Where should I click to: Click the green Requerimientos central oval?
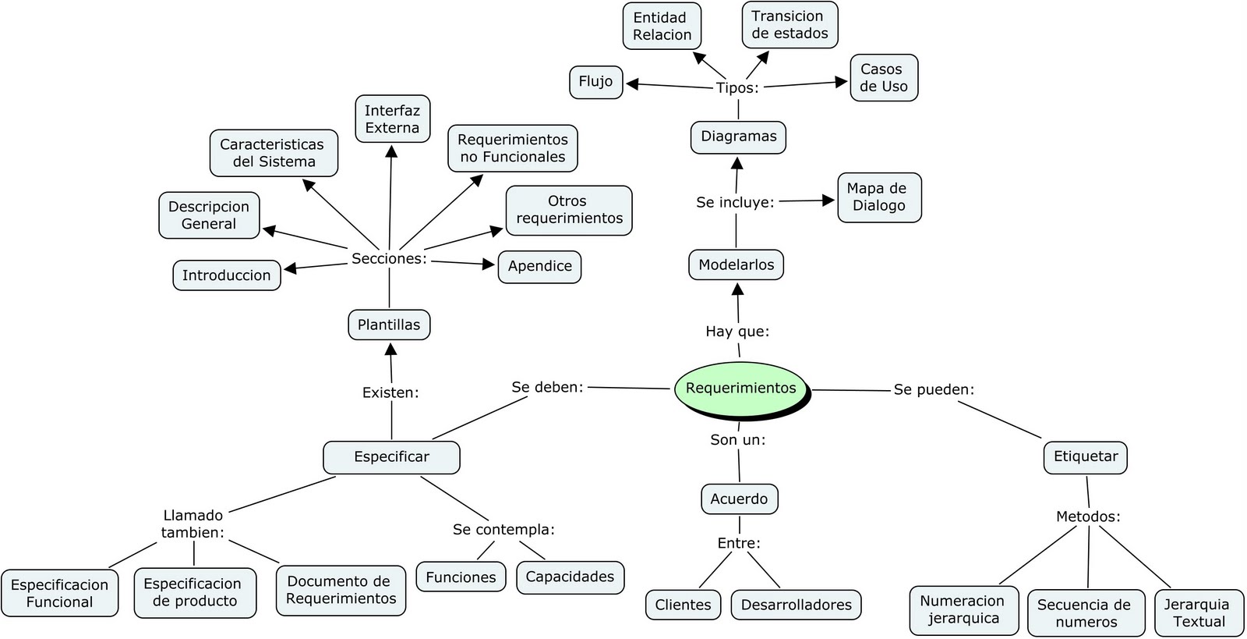coord(740,388)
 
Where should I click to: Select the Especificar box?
coord(391,457)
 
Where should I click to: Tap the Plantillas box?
coord(389,325)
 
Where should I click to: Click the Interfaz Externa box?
coord(392,119)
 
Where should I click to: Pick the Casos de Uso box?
coord(884,78)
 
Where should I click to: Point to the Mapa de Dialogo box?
coord(879,197)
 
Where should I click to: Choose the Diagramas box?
coord(738,137)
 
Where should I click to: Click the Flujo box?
coord(595,82)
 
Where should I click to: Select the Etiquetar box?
coord(1085,456)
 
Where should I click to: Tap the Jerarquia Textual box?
coord(1199,612)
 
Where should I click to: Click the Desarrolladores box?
coord(796,605)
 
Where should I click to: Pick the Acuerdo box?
coord(739,499)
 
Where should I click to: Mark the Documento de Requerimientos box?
coord(341,590)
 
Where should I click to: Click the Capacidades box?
coord(570,577)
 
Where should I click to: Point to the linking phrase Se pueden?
coord(934,389)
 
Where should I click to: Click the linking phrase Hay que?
coord(737,332)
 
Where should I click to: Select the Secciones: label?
coord(389,258)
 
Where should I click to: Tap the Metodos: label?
coord(1088,517)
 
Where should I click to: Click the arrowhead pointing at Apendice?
coord(489,264)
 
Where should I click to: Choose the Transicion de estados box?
coord(790,25)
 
